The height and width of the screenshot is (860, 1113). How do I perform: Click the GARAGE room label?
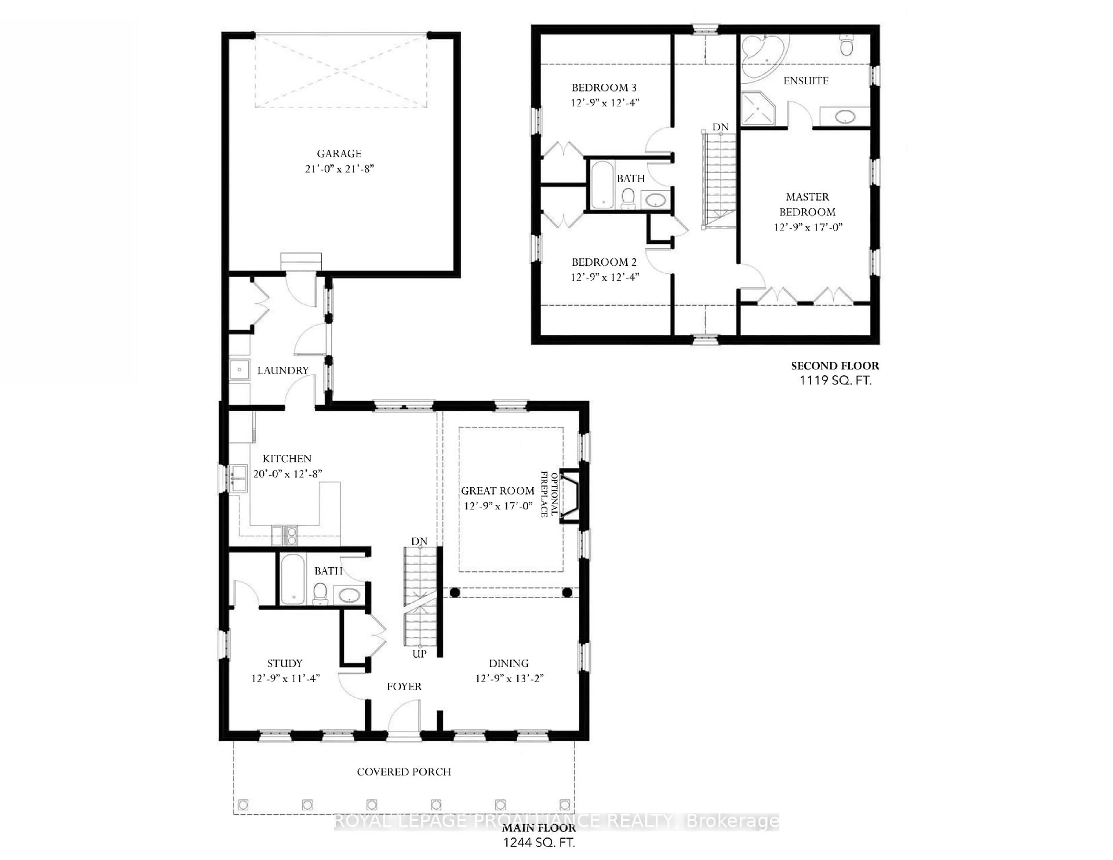[339, 153]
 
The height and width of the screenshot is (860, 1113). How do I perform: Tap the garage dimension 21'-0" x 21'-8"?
[339, 169]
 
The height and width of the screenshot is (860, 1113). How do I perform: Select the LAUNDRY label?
[283, 371]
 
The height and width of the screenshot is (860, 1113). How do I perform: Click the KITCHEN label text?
[287, 459]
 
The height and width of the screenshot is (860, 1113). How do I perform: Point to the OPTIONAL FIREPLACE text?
[549, 494]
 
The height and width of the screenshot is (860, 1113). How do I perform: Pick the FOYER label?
[404, 687]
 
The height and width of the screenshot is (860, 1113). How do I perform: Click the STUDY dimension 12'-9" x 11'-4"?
[285, 678]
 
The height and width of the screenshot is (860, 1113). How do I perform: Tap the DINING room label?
[509, 663]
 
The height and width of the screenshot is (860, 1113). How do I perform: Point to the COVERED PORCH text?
[404, 772]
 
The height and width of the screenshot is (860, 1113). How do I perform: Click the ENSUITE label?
[806, 81]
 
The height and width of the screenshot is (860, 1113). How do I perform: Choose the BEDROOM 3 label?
[604, 88]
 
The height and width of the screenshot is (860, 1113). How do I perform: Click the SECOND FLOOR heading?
[835, 366]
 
